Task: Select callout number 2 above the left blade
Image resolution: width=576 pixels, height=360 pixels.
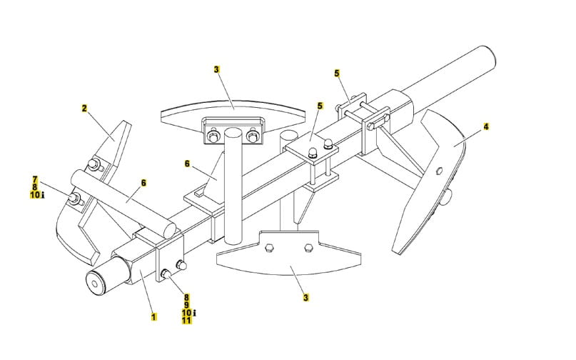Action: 84,109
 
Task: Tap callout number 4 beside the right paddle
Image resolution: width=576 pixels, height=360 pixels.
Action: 486,126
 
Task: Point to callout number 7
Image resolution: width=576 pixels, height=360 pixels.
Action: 34,179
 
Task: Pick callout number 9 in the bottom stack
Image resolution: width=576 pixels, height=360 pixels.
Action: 186,305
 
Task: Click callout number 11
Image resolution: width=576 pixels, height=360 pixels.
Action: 186,321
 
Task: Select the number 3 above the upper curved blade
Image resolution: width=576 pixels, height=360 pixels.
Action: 216,69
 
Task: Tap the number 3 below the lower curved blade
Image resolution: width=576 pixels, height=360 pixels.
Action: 305,297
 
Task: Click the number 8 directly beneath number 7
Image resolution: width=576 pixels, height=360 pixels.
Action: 34,186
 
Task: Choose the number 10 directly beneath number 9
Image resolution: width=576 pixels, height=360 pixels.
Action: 186,313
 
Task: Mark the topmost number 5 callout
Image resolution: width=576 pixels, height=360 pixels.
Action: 337,73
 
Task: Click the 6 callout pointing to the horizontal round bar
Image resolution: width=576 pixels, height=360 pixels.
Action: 143,183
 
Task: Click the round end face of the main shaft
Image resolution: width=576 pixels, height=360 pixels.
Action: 95,283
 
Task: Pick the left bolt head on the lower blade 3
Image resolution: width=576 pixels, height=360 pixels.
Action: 267,249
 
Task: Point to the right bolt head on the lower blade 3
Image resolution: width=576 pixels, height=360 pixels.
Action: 308,249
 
